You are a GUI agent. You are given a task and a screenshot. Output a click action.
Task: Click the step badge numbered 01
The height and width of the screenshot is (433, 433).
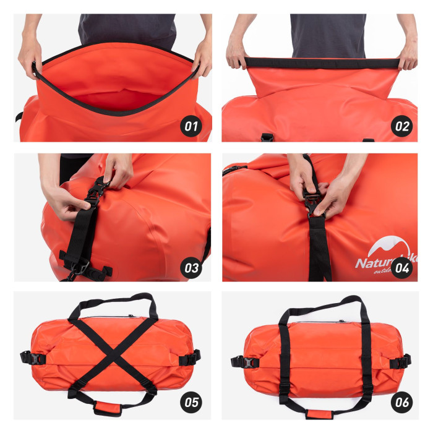click(x=192, y=127)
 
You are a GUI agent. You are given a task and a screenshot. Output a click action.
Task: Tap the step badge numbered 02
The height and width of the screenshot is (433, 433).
click(x=402, y=127)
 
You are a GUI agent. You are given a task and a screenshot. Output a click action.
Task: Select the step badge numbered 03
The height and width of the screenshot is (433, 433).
click(x=192, y=267)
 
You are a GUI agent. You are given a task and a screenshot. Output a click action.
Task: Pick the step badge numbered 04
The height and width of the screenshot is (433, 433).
click(x=402, y=267)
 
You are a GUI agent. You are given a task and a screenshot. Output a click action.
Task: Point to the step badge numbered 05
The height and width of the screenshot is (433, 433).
click(x=192, y=402)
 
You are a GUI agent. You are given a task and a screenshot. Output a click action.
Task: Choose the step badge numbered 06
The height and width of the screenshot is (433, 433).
click(x=402, y=402)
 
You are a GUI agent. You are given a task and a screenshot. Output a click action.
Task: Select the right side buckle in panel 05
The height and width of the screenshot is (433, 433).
click(x=189, y=358)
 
